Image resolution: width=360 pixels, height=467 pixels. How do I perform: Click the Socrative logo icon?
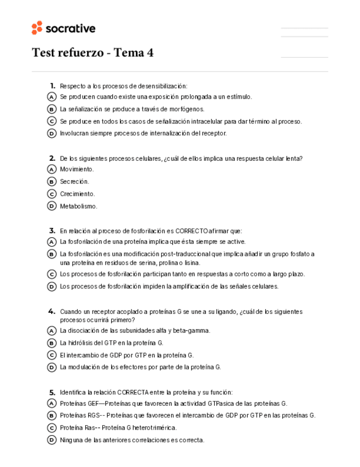coord(37,28)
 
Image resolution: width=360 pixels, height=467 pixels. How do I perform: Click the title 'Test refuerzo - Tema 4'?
coord(92,53)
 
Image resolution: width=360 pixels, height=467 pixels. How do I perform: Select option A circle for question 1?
coord(52,97)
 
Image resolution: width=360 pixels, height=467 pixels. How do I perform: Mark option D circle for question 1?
coord(52,133)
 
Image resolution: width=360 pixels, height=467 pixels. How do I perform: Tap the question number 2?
coord(52,158)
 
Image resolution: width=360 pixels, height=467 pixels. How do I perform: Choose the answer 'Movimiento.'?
coord(77,169)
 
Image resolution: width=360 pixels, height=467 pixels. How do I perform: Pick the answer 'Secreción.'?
coord(74,181)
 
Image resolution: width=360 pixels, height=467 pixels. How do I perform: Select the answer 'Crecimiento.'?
coord(78,194)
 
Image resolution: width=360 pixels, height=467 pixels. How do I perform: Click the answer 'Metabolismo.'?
coord(79,207)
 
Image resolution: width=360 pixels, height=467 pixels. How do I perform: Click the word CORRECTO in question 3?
coord(192,231)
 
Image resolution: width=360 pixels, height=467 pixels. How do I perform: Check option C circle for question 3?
coord(52,274)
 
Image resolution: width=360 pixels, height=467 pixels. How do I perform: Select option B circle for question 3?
coord(52,254)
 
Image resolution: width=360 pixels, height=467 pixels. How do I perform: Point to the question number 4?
coord(52,311)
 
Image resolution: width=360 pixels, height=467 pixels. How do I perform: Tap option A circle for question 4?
coord(52,331)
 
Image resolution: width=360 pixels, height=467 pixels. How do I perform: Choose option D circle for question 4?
coord(52,367)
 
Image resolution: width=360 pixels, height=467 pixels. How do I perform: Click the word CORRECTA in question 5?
coord(133,392)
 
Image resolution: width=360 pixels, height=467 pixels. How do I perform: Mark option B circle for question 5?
coord(52,416)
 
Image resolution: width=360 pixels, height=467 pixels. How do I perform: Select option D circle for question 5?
coord(52,440)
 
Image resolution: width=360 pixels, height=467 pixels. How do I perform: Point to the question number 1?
coord(52,85)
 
